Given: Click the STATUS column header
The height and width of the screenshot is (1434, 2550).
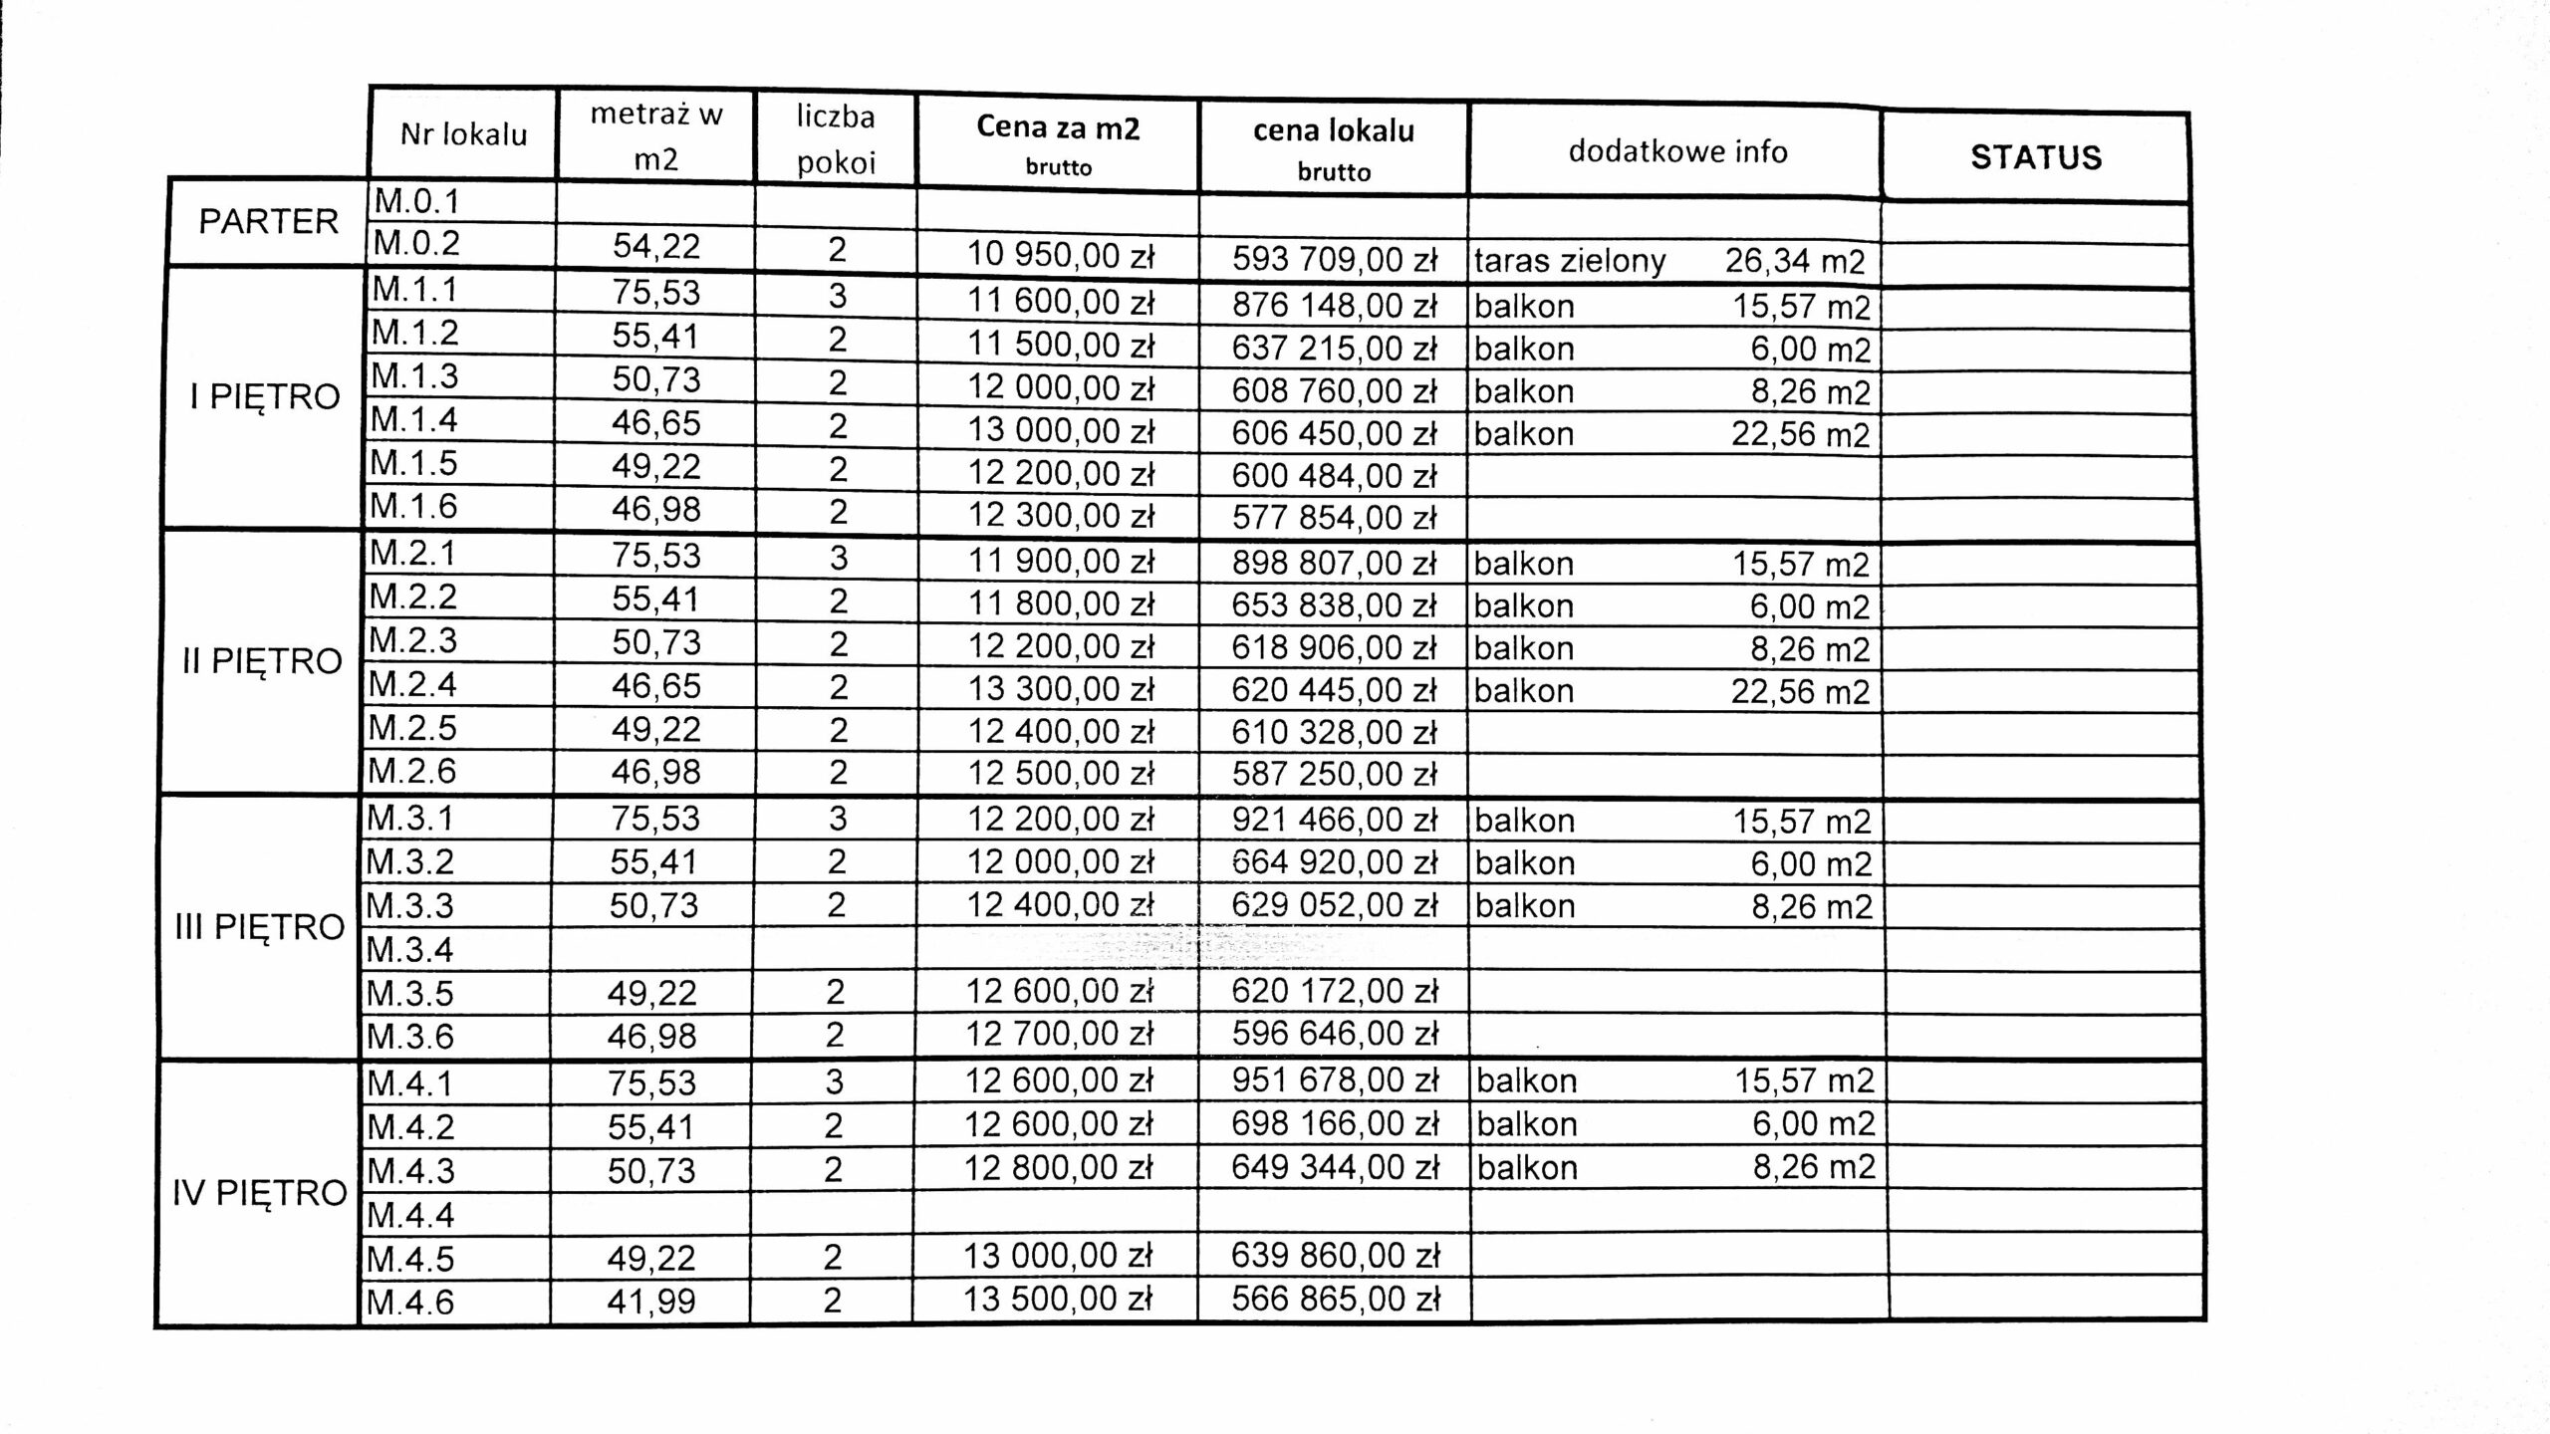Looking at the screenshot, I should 2035,157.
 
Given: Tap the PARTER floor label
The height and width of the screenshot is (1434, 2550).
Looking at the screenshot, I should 268,221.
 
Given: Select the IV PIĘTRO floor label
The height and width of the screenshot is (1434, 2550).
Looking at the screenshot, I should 259,1192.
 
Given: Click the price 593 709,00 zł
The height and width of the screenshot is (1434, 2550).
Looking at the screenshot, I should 1334,259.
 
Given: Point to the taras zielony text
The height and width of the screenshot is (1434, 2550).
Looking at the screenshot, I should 1570,261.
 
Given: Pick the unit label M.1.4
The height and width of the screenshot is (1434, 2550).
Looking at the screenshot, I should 414,420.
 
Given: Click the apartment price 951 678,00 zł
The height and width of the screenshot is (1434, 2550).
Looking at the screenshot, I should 1335,1080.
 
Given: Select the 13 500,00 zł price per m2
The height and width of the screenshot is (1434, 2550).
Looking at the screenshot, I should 1057,1299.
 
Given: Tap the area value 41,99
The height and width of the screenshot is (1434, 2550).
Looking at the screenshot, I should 651,1301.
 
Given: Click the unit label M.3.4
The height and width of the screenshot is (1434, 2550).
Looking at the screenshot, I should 410,950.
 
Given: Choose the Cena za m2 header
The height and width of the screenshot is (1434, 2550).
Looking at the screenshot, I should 1058,126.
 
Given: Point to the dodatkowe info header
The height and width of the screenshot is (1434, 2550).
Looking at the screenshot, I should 1677,151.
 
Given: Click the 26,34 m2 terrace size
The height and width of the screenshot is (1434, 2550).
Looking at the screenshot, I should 1795,261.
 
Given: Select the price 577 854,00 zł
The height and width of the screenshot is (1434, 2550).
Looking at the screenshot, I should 1334,518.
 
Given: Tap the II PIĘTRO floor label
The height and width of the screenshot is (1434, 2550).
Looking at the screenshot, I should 262,661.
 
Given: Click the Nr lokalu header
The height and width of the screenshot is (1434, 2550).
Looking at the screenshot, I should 463,134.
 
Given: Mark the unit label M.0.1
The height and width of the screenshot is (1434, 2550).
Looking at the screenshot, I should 416,202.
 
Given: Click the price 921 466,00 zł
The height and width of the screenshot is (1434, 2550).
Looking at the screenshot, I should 1335,820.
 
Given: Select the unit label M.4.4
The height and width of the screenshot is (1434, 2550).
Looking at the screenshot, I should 410,1215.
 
